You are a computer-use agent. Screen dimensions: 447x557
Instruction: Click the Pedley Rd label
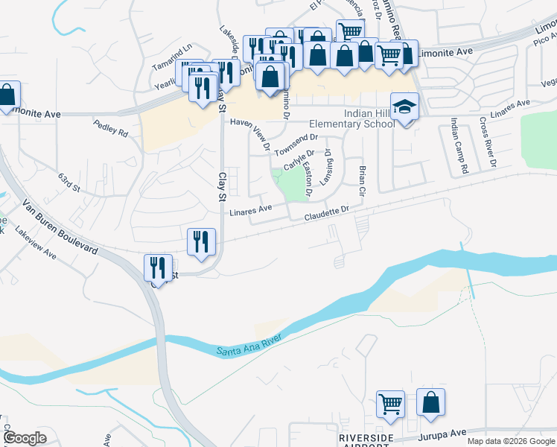111,127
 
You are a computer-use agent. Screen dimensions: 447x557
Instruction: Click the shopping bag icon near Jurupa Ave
430,402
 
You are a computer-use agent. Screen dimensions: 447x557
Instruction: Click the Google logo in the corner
25,438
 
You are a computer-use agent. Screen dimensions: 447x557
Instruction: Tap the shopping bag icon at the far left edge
7,95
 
